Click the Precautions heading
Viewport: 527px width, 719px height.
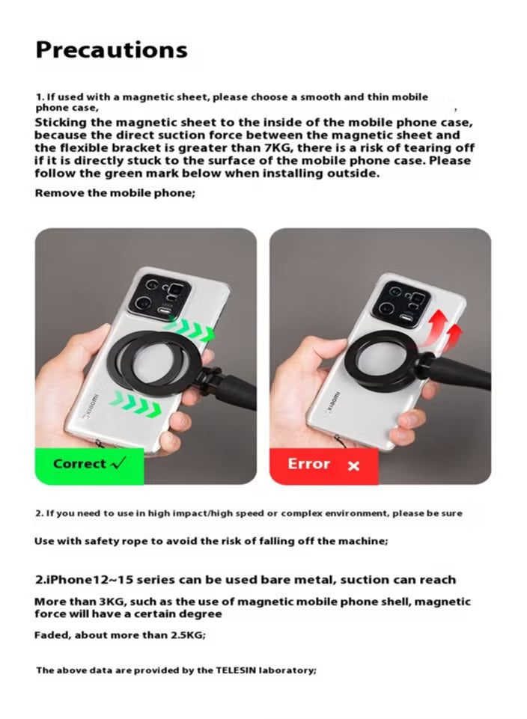pyautogui.click(x=112, y=50)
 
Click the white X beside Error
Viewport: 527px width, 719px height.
pyautogui.click(x=354, y=466)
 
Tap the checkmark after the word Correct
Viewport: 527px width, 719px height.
pyautogui.click(x=117, y=463)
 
